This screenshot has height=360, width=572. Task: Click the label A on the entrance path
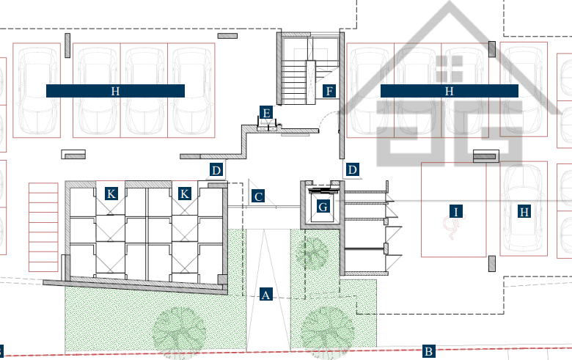coord(266,294)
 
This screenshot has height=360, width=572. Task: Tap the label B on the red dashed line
coord(429,351)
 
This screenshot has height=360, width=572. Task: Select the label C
coord(258,196)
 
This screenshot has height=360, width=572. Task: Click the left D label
coord(216,170)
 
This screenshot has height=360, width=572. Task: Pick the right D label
coord(353,169)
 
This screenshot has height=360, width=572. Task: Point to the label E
coord(266,113)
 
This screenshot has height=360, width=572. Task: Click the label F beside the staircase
coord(329,91)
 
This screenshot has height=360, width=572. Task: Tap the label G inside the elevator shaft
coord(323,207)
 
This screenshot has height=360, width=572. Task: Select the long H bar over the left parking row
coord(115,91)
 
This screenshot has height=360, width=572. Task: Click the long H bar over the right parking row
coord(450,91)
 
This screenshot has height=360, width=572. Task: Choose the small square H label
coord(524,211)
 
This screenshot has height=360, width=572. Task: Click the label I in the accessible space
coord(455,211)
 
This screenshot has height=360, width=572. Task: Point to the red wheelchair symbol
coord(450,227)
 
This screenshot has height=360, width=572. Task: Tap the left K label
coord(111,194)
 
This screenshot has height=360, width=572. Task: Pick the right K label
coord(185,194)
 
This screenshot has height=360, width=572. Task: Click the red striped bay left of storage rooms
coord(43,227)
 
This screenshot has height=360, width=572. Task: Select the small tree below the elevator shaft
coord(312,252)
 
